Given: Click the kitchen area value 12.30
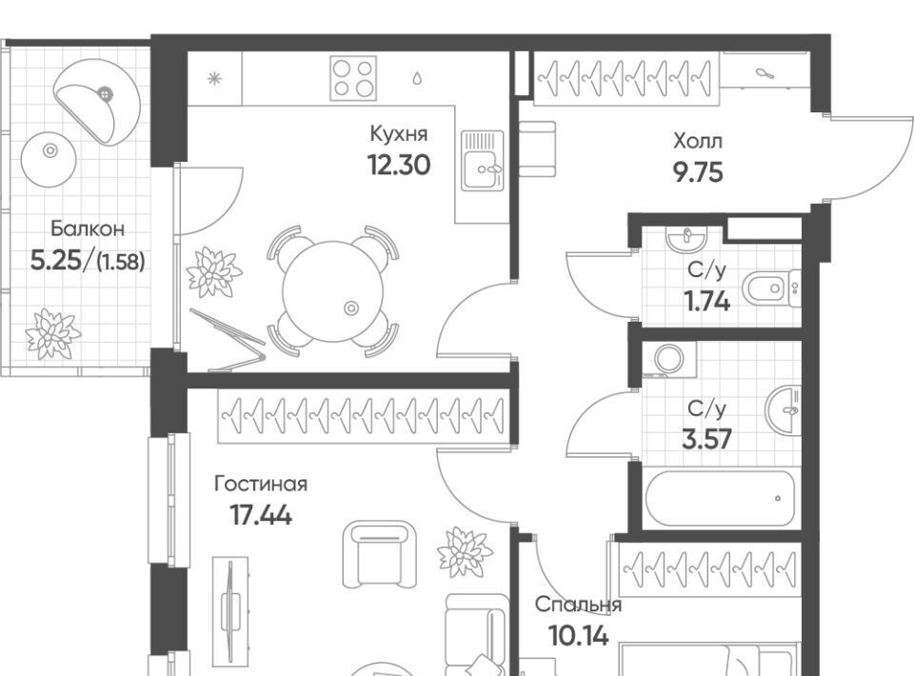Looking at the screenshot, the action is (x=399, y=165).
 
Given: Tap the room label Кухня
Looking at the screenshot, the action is (x=399, y=134).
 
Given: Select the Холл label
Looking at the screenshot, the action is (x=698, y=141).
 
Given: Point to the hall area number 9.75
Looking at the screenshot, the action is (x=698, y=172).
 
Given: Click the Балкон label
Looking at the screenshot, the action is (x=88, y=229).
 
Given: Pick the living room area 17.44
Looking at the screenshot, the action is (x=261, y=515).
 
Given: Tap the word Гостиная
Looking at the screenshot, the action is (x=261, y=484).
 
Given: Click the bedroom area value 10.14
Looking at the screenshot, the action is (x=579, y=636).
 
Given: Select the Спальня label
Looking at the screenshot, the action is (x=578, y=605).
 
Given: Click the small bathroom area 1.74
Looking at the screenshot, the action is (x=706, y=302).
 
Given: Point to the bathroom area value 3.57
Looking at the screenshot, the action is (x=706, y=440).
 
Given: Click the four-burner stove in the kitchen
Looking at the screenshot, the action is (x=352, y=78).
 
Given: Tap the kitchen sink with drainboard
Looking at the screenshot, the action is (x=482, y=161).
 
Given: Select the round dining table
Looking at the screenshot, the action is (x=333, y=291).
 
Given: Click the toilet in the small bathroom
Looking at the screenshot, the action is (x=771, y=288).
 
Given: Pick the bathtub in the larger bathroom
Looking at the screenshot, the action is (x=720, y=498).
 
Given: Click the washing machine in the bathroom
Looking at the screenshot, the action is (x=669, y=358).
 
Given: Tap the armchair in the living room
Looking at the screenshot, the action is (x=380, y=553).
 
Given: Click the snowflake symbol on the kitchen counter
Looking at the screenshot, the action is (x=215, y=78).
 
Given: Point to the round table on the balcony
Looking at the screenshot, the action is (x=50, y=158).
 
